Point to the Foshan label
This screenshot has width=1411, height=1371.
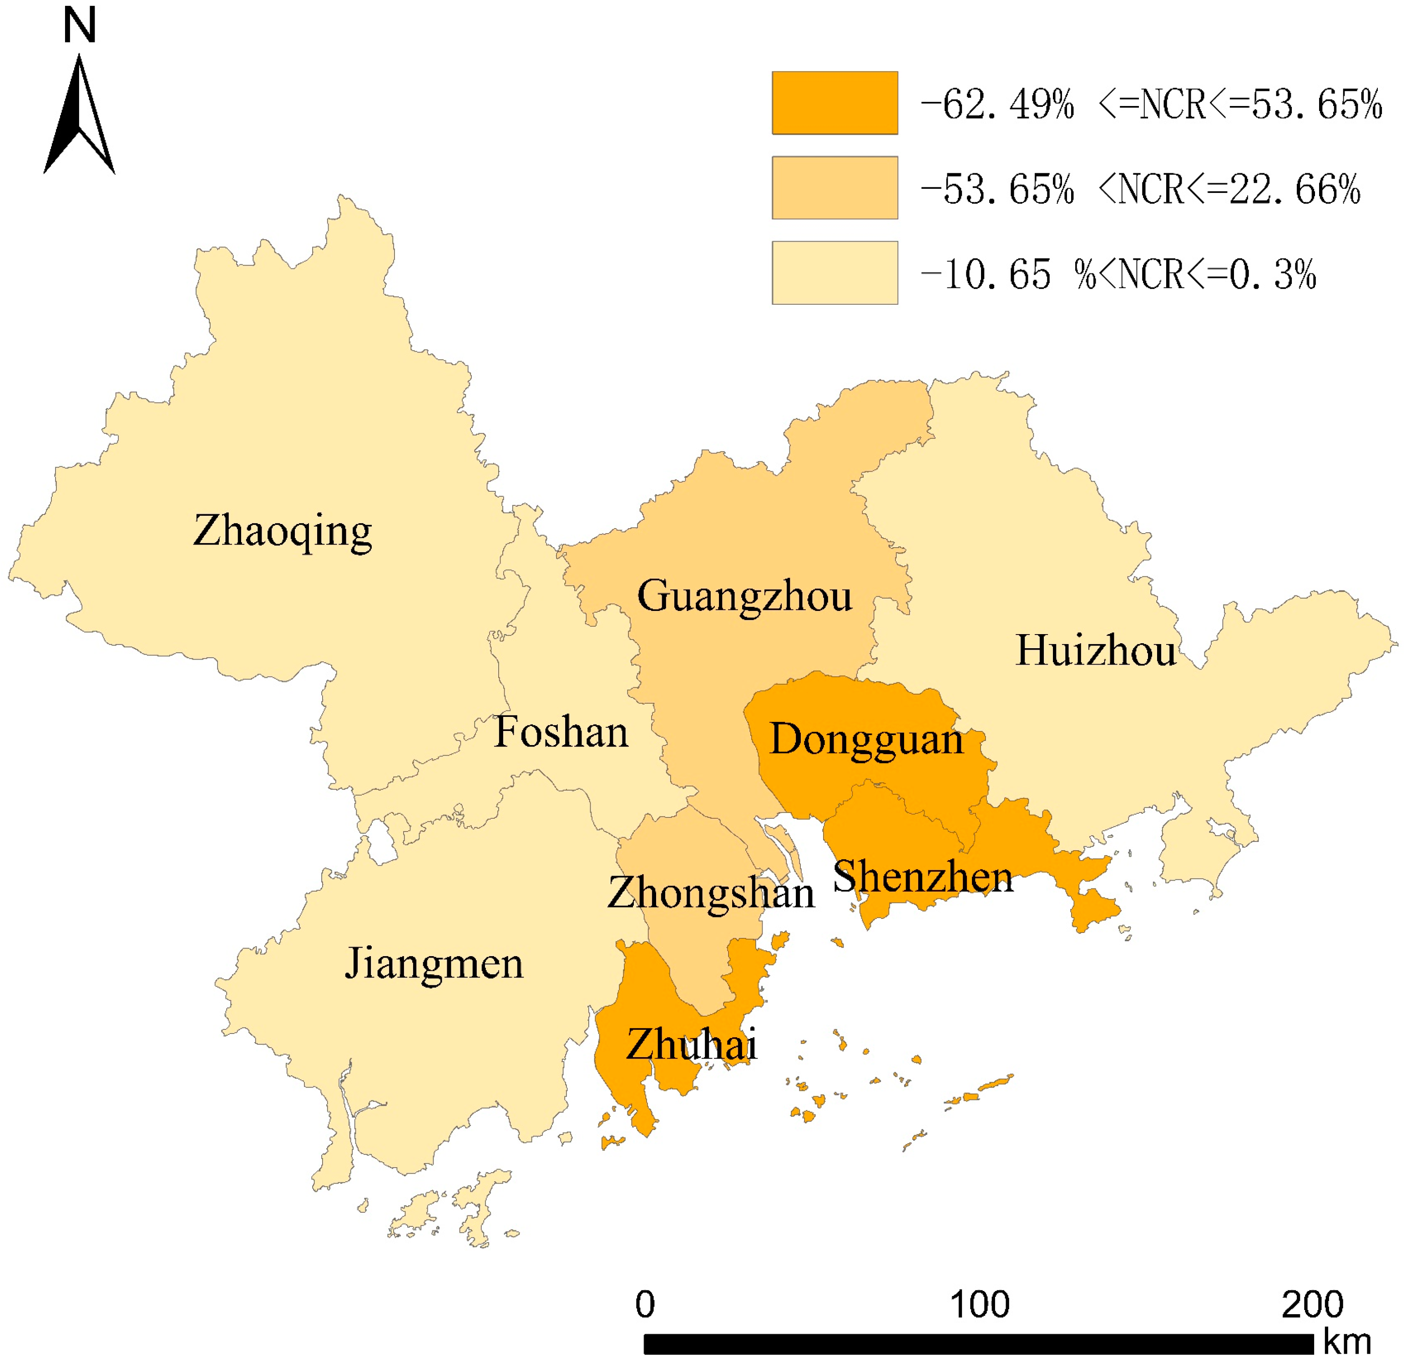(x=561, y=732)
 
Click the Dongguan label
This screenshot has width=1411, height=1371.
(x=866, y=740)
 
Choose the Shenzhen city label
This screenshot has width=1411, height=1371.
(x=923, y=877)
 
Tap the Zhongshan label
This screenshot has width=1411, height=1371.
(x=711, y=893)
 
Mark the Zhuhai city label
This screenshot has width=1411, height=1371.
(x=692, y=1045)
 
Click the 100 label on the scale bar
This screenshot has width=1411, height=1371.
(x=980, y=1304)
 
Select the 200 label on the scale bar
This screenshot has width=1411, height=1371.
(x=1312, y=1304)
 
